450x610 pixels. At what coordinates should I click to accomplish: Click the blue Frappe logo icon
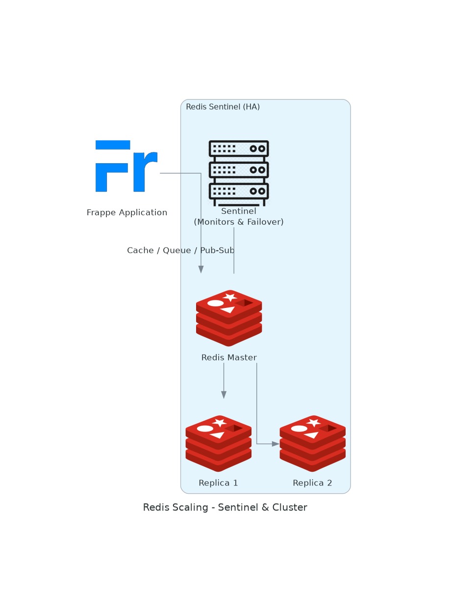click(126, 166)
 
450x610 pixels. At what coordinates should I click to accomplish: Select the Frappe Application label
click(127, 213)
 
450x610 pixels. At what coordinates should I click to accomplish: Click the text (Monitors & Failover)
click(239, 222)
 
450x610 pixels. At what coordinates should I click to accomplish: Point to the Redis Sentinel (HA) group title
click(223, 107)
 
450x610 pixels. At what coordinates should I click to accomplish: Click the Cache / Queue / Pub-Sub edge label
click(180, 251)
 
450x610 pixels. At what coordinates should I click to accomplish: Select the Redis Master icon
click(229, 318)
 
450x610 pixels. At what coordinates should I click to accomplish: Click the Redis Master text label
click(229, 358)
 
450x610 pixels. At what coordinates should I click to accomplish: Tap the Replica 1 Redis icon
click(219, 443)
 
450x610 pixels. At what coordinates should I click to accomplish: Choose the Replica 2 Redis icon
click(313, 443)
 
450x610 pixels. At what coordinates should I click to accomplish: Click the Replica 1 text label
click(219, 483)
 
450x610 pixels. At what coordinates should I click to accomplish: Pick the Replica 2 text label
click(313, 483)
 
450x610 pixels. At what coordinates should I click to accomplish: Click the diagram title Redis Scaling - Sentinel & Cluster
click(225, 508)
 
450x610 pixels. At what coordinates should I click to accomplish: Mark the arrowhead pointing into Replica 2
click(276, 444)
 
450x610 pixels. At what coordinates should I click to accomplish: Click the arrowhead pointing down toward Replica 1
click(224, 395)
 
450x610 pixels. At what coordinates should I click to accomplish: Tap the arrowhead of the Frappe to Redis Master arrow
click(201, 269)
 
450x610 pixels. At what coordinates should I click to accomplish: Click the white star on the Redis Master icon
click(230, 297)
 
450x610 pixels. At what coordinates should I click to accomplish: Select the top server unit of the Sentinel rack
click(239, 149)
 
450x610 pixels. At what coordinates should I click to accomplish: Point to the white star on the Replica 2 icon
click(314, 422)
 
